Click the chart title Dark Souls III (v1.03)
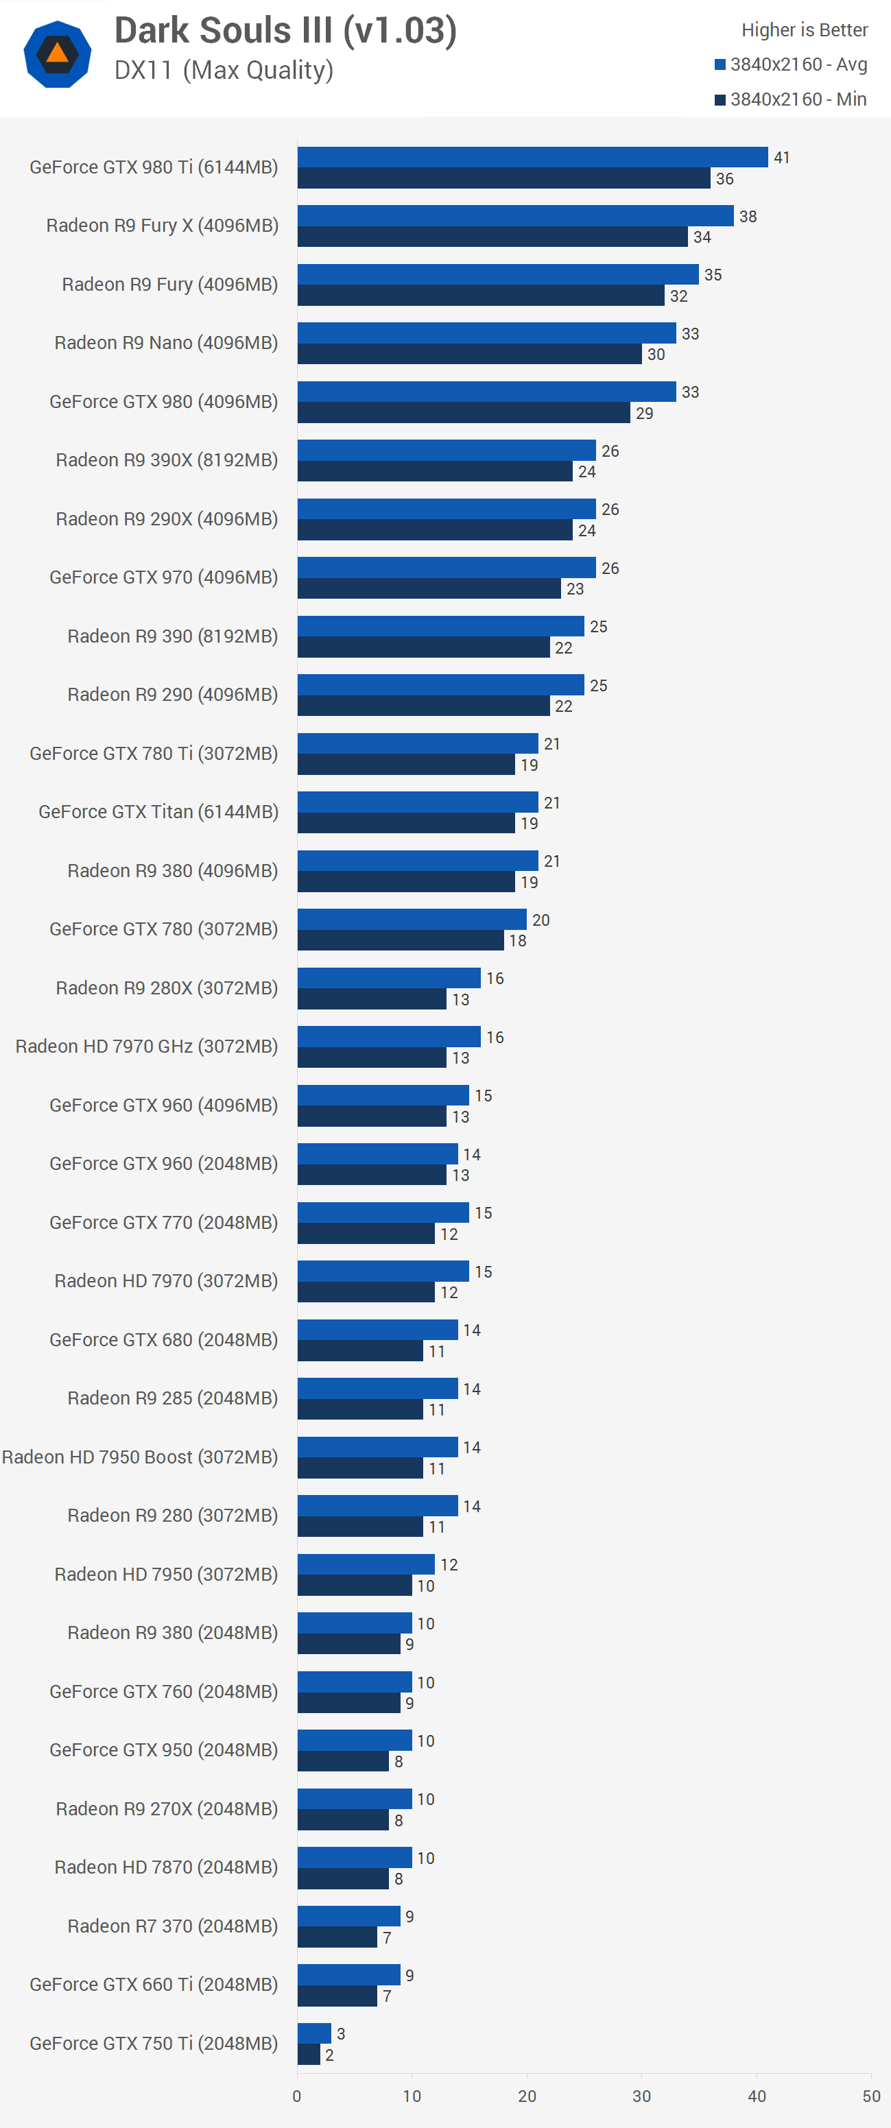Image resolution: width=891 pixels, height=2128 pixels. coord(285,31)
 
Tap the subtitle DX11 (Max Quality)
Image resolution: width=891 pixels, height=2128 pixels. coord(223,70)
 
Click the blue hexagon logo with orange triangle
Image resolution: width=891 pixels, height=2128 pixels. coord(57,55)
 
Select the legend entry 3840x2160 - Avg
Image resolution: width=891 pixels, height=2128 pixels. coord(791,64)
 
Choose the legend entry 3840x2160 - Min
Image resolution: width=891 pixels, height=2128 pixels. coord(791,99)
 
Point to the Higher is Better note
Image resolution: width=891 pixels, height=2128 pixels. coord(804,29)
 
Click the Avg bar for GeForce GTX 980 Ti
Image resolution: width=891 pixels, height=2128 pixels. coord(532,157)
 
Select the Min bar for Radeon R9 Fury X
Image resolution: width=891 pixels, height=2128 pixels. coord(492,237)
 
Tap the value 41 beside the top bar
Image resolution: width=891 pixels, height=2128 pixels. coord(781,157)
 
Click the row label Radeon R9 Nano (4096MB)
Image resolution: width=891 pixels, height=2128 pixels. coord(165,343)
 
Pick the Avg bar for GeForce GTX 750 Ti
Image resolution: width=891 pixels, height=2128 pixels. coord(314,2033)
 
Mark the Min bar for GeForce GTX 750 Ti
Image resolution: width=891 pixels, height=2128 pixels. coord(308,2055)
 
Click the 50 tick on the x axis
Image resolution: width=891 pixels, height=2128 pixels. coord(871,2096)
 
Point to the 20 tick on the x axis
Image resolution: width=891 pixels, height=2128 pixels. coord(527,2096)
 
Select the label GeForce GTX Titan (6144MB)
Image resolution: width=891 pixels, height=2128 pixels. coord(158,812)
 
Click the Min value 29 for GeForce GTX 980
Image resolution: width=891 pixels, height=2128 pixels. coord(645,413)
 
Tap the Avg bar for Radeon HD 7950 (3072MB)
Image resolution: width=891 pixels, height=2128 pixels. coord(366,1564)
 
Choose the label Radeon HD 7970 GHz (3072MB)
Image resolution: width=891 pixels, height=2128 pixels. coord(146,1047)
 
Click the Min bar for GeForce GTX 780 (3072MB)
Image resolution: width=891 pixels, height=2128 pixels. coord(400,940)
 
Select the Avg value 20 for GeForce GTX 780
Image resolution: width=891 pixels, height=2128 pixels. coord(540,920)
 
